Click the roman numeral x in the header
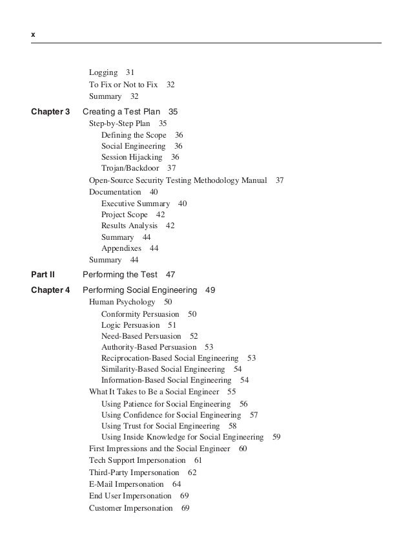point(33,32)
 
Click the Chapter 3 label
point(50,112)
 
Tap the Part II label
point(43,275)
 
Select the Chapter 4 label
point(50,290)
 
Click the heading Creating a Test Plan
point(121,112)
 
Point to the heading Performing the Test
point(120,275)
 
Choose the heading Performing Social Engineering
point(139,290)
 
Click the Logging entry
point(103,72)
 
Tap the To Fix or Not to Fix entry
point(123,85)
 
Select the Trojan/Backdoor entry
point(130,168)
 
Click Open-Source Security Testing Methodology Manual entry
point(178,180)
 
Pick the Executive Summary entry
point(136,204)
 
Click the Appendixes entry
point(121,248)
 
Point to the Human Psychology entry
point(122,302)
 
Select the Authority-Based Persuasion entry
point(149,347)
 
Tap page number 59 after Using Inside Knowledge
point(276,437)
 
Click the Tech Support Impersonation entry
point(137,460)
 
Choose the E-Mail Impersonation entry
point(127,484)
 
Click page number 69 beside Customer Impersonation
point(185,508)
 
